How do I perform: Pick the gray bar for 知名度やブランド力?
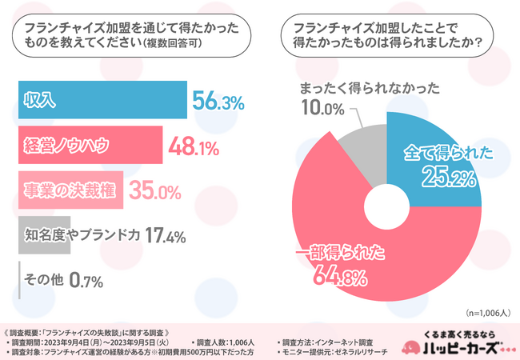click(x=43, y=235)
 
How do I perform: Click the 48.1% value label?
click(x=194, y=146)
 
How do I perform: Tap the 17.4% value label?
click(x=166, y=236)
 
